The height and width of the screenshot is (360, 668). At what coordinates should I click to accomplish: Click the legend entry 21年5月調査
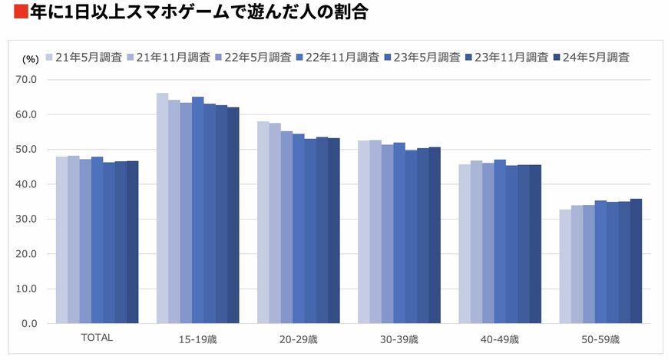[84, 57]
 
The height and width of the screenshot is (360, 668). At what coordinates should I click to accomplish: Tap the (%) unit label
[29, 58]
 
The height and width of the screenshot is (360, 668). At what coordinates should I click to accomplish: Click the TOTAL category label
[97, 338]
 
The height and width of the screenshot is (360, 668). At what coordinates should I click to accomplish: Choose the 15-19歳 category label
[197, 339]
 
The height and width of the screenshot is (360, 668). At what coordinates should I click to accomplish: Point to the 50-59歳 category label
[600, 339]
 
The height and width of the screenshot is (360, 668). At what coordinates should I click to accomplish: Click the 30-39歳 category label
[398, 339]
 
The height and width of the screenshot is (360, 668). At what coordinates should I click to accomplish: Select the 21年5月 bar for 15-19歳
[162, 207]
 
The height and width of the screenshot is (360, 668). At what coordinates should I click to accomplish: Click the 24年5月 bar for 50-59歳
[635, 261]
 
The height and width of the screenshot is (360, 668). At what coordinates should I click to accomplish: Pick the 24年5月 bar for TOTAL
[132, 242]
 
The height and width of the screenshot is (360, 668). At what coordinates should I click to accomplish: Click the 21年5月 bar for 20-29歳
[263, 223]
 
